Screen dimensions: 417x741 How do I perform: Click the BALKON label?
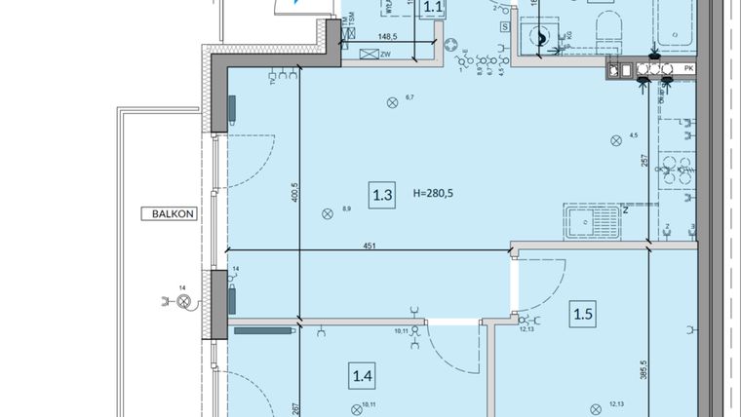pos(162,212)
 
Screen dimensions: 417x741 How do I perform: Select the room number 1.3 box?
pos(382,195)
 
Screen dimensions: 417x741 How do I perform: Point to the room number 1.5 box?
pos(583,314)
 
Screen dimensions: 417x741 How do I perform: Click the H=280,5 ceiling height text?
pos(434,194)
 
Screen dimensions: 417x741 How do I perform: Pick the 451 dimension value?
pos(370,246)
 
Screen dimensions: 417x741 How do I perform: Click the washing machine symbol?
pos(540,39)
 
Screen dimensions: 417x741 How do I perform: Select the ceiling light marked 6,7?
pos(392,101)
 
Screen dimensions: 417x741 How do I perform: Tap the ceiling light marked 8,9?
pos(327,214)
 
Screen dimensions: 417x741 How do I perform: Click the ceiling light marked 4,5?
pos(615,140)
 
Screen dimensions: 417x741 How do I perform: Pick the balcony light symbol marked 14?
pos(181,301)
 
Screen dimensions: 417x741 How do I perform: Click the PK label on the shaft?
pos(688,68)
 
